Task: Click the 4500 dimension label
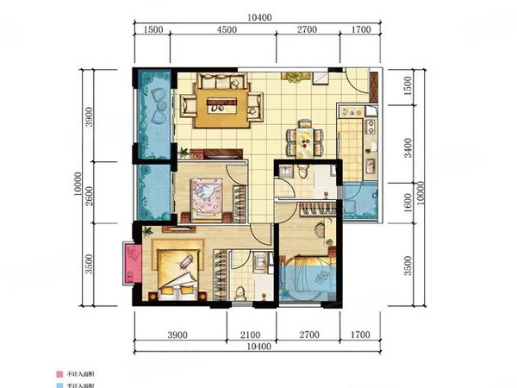227,29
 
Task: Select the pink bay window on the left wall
132,263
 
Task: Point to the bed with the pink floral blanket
208,196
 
